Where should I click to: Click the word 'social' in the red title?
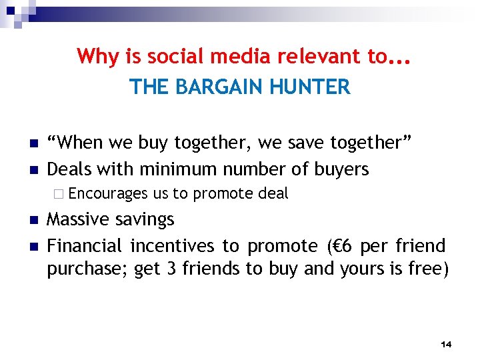158,57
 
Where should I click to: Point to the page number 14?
446,344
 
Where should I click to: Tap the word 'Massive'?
77,220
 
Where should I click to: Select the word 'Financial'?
85,247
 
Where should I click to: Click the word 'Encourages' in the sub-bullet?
107,194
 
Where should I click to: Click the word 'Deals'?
69,169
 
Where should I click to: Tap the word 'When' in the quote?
78,143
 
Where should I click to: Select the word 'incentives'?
173,247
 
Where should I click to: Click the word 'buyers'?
343,169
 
